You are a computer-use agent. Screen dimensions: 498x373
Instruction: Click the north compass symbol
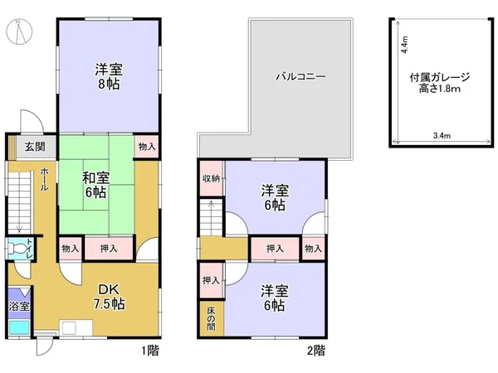(x=19, y=31)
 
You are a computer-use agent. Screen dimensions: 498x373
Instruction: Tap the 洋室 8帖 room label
(x=109, y=76)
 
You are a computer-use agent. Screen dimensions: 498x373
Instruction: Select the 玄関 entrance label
(x=35, y=147)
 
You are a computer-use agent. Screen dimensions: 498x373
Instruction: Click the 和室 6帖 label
(x=95, y=185)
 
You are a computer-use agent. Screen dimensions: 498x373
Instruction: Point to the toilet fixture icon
(x=17, y=248)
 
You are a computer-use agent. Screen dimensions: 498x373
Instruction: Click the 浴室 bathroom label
(x=19, y=307)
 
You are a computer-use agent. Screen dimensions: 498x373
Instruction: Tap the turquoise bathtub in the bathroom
(x=19, y=327)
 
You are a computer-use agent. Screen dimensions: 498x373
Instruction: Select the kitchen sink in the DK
(x=69, y=328)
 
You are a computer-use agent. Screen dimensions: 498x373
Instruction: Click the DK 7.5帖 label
(x=109, y=297)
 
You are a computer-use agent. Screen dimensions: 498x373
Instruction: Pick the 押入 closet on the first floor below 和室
(x=109, y=249)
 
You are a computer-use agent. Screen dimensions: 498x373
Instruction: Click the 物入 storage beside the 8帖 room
(x=147, y=147)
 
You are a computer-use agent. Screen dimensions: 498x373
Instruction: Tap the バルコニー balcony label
(x=300, y=76)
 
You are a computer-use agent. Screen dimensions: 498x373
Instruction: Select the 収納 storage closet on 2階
(x=211, y=178)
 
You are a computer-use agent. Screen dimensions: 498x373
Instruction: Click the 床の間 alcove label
(x=211, y=319)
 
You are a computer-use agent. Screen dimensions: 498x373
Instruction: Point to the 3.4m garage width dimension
(x=442, y=135)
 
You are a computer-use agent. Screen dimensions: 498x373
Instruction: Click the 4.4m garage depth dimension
(x=404, y=45)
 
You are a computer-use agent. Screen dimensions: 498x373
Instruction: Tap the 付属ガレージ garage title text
(x=440, y=77)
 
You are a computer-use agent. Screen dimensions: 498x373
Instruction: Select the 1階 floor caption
(x=150, y=351)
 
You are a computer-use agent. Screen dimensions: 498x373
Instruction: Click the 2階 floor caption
(x=316, y=351)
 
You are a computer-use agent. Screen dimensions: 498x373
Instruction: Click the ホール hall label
(x=44, y=179)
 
